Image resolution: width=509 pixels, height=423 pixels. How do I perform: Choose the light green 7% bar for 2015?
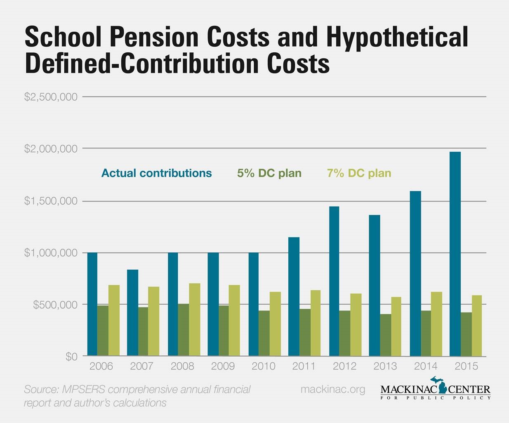coord(477,326)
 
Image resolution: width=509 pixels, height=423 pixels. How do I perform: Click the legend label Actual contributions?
coord(156,173)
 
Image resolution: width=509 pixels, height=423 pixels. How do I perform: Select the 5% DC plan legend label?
coord(269,173)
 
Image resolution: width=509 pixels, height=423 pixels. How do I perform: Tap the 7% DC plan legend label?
coord(359,173)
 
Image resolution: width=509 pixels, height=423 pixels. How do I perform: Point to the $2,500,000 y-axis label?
coord(51,97)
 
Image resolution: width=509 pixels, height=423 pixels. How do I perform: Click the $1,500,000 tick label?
coord(51,201)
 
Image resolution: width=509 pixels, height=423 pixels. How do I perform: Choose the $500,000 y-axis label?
coord(55,305)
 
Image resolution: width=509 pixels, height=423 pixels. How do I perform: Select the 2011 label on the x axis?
coord(304,366)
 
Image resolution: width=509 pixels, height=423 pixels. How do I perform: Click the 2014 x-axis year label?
coord(426,366)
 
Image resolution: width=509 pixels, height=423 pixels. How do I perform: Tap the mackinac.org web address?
coord(333,389)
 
